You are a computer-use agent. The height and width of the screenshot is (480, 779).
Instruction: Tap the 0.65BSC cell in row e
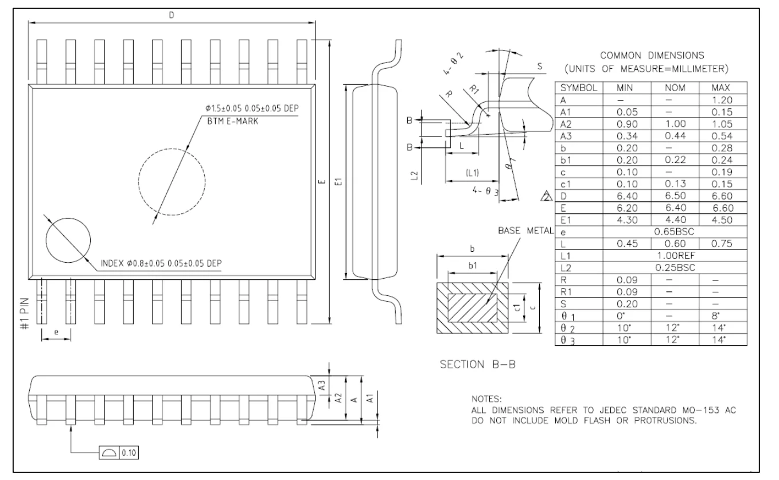[675, 232]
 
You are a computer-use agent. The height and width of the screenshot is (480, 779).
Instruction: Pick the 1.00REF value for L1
[675, 255]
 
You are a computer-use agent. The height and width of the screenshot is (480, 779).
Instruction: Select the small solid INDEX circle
[68, 241]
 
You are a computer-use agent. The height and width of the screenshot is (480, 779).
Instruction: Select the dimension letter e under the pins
[55, 331]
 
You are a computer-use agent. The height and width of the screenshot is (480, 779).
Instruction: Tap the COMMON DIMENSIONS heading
[652, 56]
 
